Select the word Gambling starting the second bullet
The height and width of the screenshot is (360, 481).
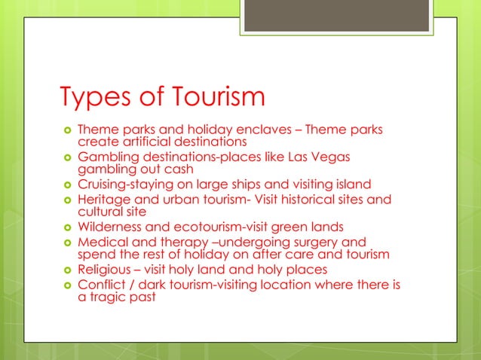pos(107,157)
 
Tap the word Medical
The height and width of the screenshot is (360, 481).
pos(103,241)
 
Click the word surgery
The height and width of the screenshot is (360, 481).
pos(309,241)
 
